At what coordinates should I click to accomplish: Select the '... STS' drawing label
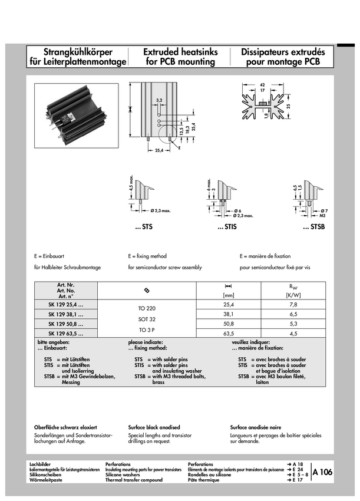point(143,227)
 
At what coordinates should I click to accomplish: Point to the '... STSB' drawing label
point(313,227)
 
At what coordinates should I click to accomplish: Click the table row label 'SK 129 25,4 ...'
point(65,304)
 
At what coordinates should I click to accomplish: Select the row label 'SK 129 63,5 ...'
point(65,334)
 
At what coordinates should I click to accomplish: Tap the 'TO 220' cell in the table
point(146,308)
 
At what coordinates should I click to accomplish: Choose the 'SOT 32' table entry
point(146,319)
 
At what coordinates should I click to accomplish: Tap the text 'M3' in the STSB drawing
point(323,216)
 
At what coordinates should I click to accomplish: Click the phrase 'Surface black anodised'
point(154,427)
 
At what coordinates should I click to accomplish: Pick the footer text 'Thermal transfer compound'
point(134,480)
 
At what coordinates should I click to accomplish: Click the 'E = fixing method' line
point(147,256)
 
